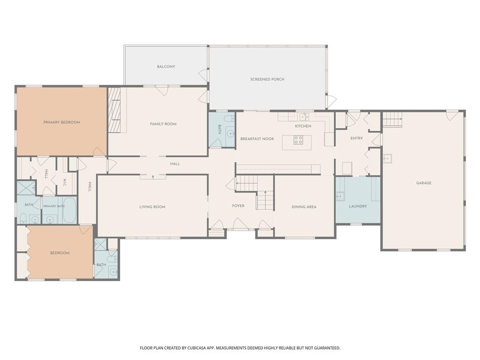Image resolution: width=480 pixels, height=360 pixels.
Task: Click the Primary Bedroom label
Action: [x=62, y=122]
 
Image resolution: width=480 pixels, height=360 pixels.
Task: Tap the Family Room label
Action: [x=163, y=124]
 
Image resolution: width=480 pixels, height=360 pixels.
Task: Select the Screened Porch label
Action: [x=267, y=79]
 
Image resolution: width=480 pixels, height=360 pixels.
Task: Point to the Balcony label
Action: [x=166, y=67]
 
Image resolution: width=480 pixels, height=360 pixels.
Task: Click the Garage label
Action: [x=424, y=183]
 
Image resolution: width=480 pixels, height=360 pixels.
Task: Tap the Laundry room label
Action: [x=358, y=206]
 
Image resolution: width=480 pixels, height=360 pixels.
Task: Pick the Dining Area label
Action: [x=304, y=207]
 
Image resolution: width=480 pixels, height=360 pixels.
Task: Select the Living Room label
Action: [x=152, y=207]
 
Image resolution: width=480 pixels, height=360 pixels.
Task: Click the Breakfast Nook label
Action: [x=257, y=139]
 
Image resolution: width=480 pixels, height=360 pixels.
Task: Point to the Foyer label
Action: [x=238, y=206]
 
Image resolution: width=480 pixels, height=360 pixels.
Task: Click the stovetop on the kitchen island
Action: [x=298, y=140]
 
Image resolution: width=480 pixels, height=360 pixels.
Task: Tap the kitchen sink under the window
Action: [x=304, y=117]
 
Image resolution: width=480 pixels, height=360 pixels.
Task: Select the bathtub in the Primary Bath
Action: [x=69, y=210]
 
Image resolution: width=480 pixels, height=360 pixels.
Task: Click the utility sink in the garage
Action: [x=388, y=158]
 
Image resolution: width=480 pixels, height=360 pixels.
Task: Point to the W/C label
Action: [x=65, y=183]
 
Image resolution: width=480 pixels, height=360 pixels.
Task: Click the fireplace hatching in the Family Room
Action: [x=114, y=110]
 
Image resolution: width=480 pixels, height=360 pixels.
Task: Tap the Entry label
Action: [x=357, y=138]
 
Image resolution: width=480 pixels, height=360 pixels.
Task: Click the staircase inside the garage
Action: [x=392, y=120]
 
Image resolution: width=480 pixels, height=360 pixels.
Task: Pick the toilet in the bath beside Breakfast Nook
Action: [x=229, y=119]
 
